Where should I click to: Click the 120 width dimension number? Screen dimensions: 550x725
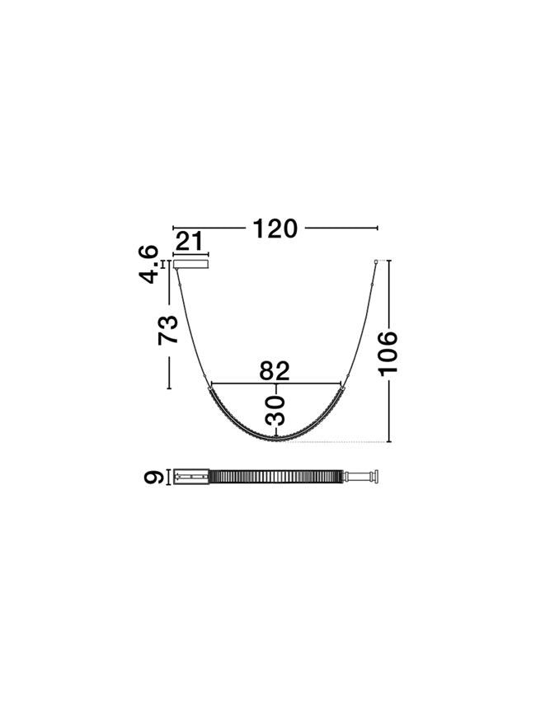tap(275, 228)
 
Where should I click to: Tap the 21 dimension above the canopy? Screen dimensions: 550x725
tap(190, 242)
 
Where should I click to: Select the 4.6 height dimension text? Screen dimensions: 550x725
tap(148, 265)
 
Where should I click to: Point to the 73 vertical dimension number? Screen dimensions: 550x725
tap(167, 330)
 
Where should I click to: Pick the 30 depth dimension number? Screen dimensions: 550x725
tap(275, 410)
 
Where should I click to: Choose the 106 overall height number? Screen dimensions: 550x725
tap(388, 353)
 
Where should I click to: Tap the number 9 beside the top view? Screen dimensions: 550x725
tap(153, 477)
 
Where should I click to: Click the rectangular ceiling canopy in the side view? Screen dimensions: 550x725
tap(190, 264)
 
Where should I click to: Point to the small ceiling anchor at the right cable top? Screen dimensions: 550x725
tap(376, 262)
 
